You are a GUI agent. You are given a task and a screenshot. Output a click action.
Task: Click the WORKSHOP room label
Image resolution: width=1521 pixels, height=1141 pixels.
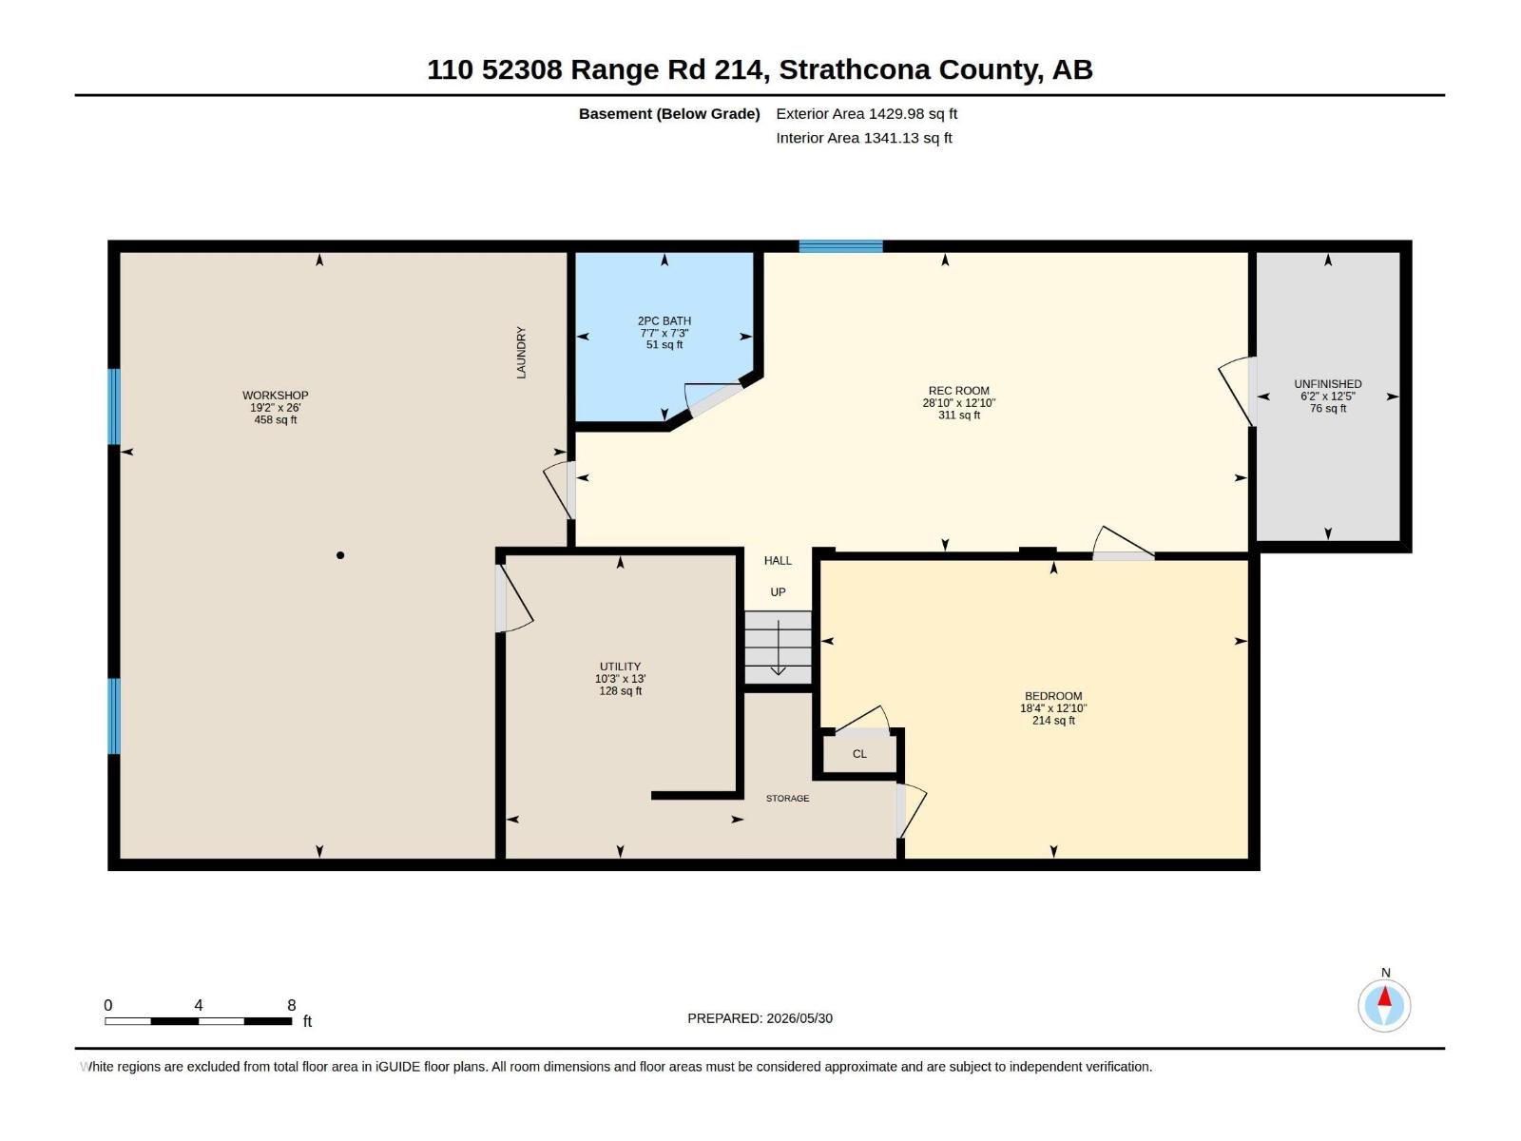275,395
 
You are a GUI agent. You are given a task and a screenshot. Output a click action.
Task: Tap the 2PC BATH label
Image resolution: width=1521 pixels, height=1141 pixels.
664,320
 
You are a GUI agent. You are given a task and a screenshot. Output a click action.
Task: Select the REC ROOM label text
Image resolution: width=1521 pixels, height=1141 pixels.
958,391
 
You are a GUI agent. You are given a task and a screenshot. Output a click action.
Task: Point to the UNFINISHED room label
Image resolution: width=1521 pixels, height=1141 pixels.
1328,384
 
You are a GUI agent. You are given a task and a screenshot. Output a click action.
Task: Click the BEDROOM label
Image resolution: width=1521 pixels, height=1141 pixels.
1052,696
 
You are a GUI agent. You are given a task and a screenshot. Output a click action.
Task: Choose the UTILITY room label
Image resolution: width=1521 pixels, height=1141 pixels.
620,667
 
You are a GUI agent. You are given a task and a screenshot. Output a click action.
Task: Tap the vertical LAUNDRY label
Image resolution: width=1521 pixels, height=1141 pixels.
521,353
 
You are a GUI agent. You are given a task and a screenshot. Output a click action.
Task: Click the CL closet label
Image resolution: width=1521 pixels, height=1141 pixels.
859,754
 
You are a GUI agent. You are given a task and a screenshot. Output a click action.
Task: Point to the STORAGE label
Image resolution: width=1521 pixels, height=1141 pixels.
787,798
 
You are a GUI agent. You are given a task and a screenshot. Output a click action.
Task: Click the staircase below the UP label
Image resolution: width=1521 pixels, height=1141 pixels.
778,648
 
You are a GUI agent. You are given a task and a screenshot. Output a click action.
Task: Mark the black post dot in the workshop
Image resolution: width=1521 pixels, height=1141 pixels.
340,555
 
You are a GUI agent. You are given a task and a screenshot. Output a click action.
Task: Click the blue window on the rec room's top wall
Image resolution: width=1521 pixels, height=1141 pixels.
840,246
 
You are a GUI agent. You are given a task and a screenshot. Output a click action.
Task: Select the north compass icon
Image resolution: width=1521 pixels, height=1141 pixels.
1384,1005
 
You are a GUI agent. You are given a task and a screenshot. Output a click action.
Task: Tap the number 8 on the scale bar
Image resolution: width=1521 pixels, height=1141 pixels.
292,1004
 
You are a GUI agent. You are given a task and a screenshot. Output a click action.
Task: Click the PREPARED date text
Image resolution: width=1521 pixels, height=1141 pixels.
760,1018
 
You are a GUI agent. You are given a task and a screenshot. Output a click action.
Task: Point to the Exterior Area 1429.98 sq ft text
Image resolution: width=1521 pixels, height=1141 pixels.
866,113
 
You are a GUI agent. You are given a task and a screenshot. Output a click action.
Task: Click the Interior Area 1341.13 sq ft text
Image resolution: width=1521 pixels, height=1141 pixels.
863,138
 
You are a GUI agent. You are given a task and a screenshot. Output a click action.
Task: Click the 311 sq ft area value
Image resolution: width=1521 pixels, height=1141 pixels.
959,415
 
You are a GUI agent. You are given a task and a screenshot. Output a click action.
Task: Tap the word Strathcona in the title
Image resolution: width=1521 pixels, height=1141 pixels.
854,70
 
